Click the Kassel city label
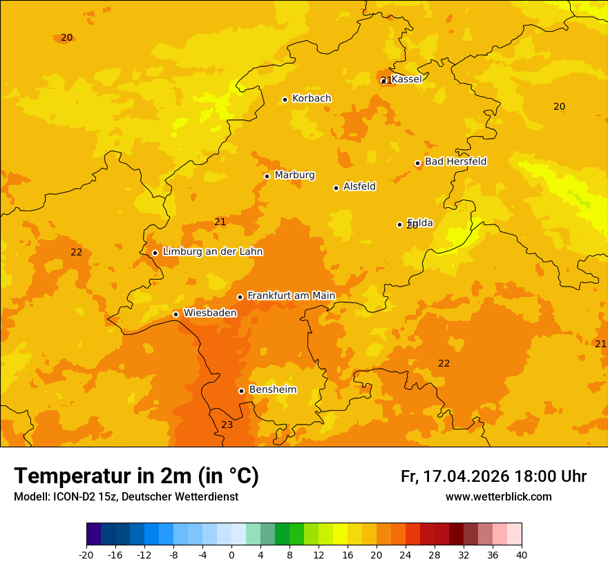(406, 79)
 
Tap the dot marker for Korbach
(285, 99)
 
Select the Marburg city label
(294, 175)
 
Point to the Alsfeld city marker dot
(336, 188)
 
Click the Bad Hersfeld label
(455, 162)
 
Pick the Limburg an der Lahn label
(212, 252)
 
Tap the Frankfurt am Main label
(291, 295)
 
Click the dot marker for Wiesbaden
(175, 314)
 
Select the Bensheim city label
(272, 389)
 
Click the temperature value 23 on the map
(227, 425)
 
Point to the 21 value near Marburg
(220, 222)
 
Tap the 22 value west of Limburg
(76, 252)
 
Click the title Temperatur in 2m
(136, 476)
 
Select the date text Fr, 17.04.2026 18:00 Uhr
(493, 476)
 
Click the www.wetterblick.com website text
(498, 497)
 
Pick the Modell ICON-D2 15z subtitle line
(126, 497)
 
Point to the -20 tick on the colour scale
(86, 554)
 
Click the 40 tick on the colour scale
(521, 554)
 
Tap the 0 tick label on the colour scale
(231, 554)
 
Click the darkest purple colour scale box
(93, 534)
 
